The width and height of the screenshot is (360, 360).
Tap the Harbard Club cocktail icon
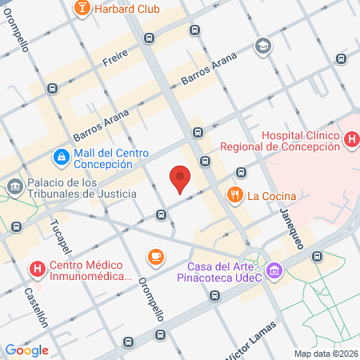tap(81, 8)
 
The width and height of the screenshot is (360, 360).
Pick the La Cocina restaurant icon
tap(234, 194)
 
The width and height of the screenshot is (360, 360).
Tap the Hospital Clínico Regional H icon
tap(350, 140)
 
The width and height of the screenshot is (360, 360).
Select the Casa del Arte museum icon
tap(274, 271)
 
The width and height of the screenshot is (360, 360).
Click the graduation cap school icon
tap(262, 47)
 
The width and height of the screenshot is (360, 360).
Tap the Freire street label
tap(115, 58)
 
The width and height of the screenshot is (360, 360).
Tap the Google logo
tap(26, 350)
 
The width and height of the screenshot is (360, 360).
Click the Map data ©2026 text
tap(325, 354)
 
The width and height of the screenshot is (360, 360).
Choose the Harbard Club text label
tap(126, 9)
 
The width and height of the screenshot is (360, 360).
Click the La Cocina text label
tap(272, 195)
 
